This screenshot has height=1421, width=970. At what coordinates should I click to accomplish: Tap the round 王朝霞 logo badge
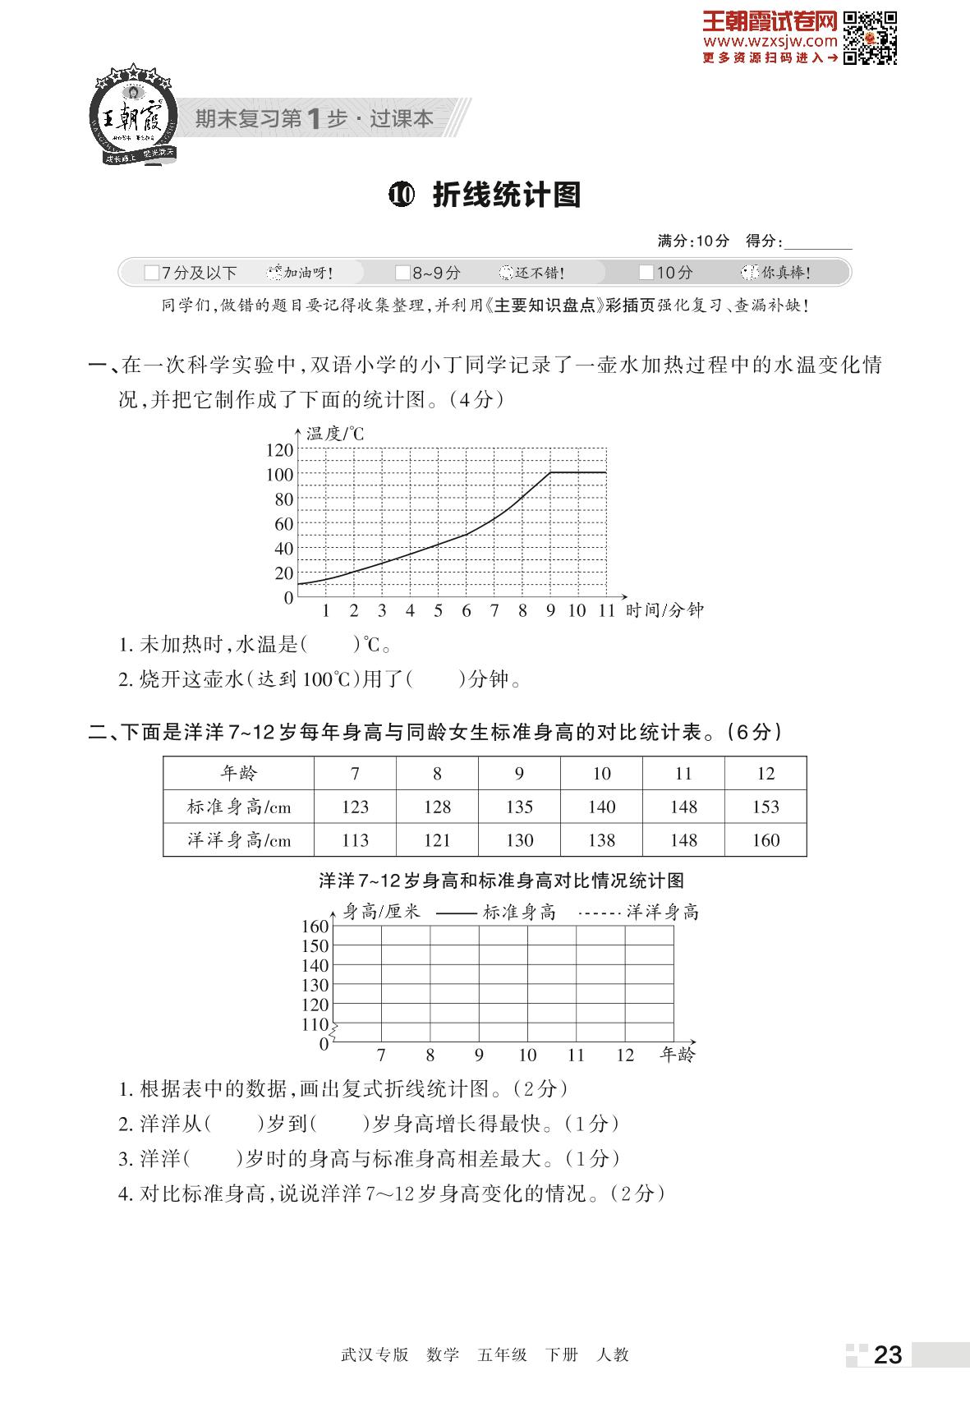click(132, 115)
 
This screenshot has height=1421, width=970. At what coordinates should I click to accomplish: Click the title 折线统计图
click(506, 195)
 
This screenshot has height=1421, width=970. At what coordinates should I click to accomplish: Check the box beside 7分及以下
click(151, 273)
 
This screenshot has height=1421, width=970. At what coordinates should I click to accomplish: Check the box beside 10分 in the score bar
click(646, 273)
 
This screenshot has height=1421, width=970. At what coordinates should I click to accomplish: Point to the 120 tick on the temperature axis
click(279, 449)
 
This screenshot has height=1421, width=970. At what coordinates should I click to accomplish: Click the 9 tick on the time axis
click(550, 610)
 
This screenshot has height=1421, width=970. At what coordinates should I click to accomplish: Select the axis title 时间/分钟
click(664, 610)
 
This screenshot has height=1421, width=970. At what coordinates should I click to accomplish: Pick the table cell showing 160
click(765, 840)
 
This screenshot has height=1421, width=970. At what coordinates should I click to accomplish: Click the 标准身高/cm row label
click(239, 807)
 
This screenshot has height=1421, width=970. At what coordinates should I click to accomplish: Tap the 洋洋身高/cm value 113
click(355, 840)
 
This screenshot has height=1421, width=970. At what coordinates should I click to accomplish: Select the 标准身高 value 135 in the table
click(519, 807)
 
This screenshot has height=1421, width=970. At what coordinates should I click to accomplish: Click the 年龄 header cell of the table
click(239, 773)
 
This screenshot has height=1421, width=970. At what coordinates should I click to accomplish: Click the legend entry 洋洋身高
click(662, 912)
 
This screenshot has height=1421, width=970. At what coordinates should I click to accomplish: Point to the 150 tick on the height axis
click(315, 946)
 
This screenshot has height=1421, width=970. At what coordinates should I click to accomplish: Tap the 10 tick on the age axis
click(527, 1055)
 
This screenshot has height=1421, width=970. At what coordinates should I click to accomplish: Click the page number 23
click(888, 1354)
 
